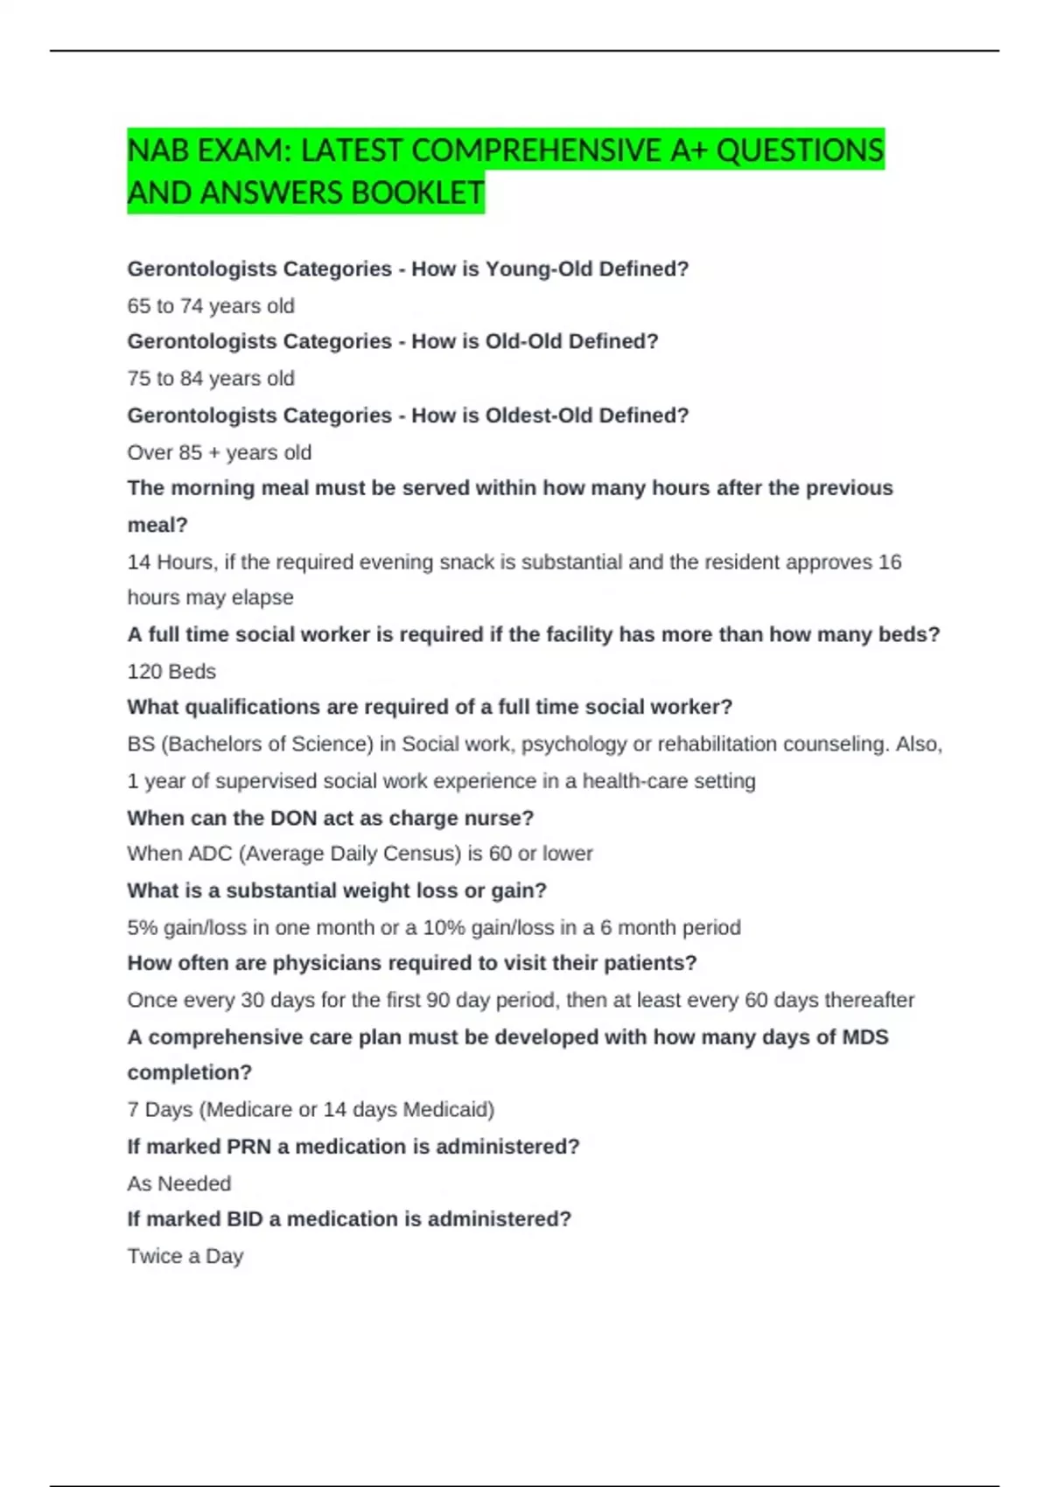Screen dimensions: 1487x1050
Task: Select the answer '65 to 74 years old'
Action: coord(211,306)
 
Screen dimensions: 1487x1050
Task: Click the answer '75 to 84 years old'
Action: coord(211,379)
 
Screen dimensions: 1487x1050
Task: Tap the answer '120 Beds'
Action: coord(171,672)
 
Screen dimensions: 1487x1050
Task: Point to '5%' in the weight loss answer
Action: coord(142,927)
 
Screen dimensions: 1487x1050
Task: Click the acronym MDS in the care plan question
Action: coord(864,1037)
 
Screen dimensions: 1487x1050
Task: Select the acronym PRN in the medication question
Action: coord(248,1147)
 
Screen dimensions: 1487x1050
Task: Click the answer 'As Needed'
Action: coord(179,1183)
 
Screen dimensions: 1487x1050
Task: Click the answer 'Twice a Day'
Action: coord(185,1256)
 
